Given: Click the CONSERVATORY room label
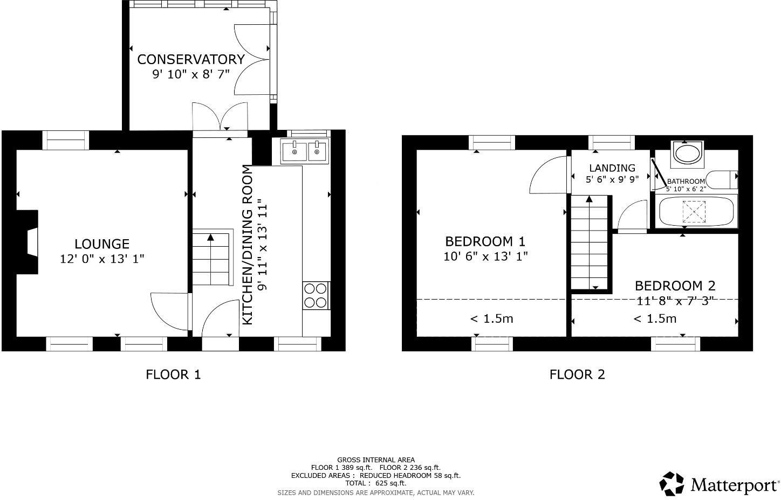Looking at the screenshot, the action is pos(191,60).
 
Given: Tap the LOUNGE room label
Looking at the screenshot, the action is pos(102,244).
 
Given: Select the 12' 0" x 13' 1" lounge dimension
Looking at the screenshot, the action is pos(102,259).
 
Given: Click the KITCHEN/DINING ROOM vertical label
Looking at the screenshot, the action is pos(247,245).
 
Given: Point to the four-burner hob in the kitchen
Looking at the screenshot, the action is pos(316,295).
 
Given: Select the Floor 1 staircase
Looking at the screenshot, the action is pos(213,258).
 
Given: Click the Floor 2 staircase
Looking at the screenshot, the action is pos(590,242).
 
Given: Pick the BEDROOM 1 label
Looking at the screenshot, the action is pos(485,241).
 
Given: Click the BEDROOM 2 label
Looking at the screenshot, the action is pos(675,286).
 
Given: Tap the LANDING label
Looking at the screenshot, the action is pos(612,168).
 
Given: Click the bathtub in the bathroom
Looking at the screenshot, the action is pos(696,211).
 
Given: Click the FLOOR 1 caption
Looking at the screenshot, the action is pos(173,374).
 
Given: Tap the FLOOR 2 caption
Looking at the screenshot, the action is pos(577,374).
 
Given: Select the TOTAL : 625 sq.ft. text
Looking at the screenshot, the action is pos(375,483).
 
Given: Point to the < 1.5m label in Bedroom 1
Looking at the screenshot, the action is pos(491,318).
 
